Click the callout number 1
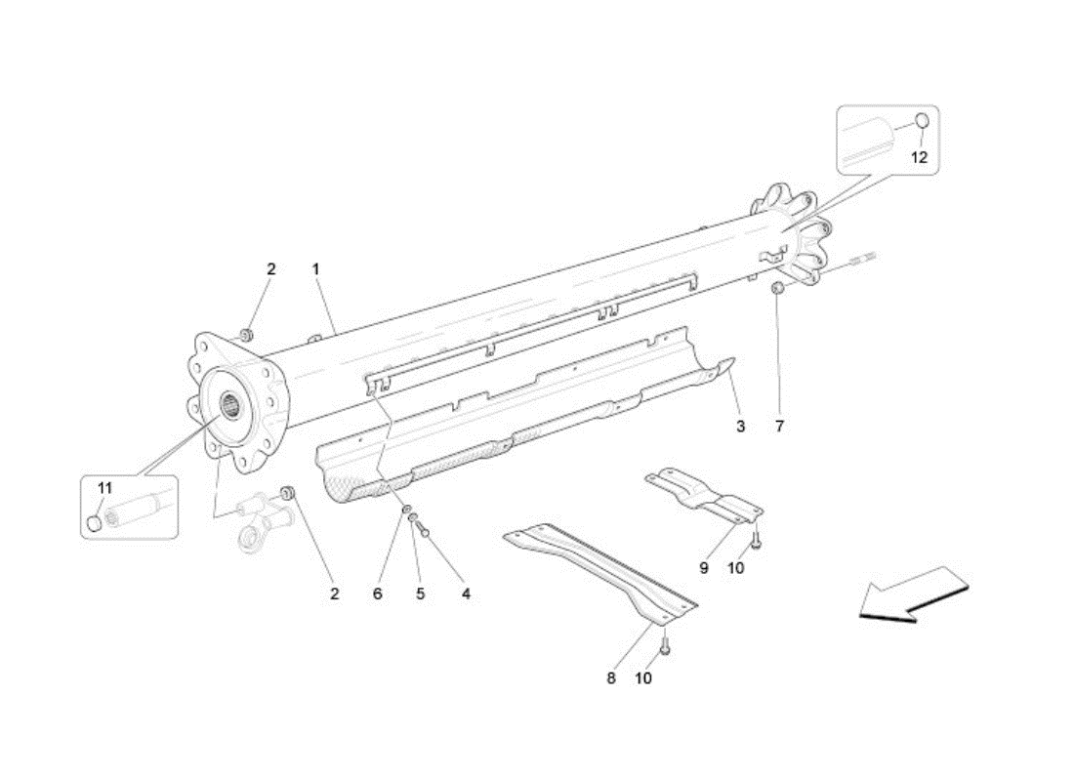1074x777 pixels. point(315,269)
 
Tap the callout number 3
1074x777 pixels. point(740,427)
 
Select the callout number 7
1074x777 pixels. point(779,427)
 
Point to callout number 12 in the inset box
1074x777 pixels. point(919,157)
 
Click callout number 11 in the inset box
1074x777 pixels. point(104,488)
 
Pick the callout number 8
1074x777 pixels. point(611,678)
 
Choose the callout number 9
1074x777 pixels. point(703,567)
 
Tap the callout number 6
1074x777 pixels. point(378,594)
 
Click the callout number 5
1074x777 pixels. point(420,594)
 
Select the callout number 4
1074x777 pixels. point(466,594)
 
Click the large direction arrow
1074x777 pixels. point(915,594)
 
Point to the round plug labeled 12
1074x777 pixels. point(922,120)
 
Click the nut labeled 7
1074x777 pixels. point(777,288)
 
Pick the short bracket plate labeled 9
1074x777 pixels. point(704,494)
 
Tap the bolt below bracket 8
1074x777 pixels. point(664,644)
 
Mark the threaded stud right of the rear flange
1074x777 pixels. point(864,260)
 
